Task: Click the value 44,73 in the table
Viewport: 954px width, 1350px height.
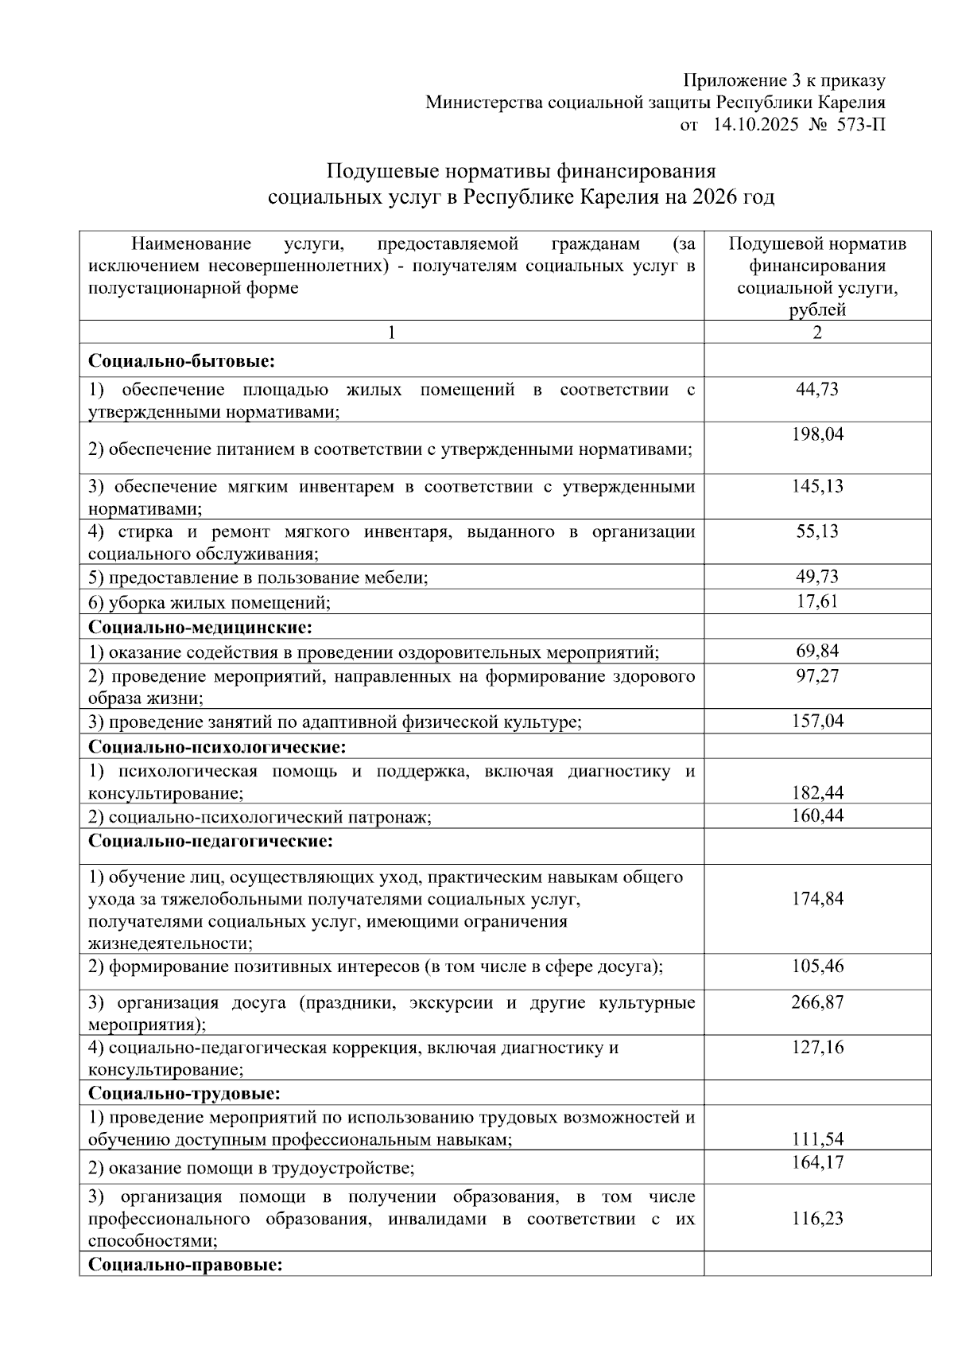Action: click(x=816, y=389)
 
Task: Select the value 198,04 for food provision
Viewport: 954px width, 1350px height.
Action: click(x=816, y=434)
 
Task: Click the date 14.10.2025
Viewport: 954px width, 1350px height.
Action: click(x=758, y=124)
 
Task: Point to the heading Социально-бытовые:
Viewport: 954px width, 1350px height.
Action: click(x=181, y=361)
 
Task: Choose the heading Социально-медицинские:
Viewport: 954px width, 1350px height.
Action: click(x=200, y=628)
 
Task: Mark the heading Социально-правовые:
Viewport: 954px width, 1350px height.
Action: click(x=185, y=1264)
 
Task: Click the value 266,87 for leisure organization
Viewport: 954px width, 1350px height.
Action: click(x=816, y=1002)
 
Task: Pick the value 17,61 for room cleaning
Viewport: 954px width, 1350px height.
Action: click(x=816, y=601)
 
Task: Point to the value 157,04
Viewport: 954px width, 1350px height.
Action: click(x=816, y=721)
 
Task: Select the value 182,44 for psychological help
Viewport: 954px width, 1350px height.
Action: click(x=816, y=792)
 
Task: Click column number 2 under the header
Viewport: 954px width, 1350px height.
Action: click(x=816, y=333)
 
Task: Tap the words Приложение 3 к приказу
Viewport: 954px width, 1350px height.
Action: click(x=784, y=80)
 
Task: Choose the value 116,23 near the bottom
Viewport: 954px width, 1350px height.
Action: click(x=816, y=1219)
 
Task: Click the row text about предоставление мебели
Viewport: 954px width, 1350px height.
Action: click(x=258, y=578)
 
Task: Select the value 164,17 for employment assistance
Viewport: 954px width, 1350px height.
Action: click(x=816, y=1162)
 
